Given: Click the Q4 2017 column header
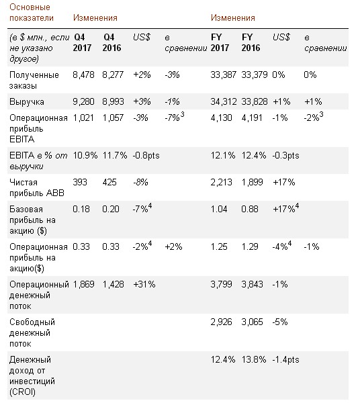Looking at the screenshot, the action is click(x=82, y=42).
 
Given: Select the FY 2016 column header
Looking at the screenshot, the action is click(x=251, y=42).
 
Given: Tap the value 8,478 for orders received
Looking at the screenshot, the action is click(x=83, y=75).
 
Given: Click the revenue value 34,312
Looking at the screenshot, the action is click(x=224, y=101).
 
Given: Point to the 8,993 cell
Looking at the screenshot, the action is click(x=113, y=101).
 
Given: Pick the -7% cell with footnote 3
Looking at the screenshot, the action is click(x=174, y=117).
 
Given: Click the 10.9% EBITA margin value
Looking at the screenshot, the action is click(x=85, y=155).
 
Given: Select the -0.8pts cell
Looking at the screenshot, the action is click(x=146, y=155).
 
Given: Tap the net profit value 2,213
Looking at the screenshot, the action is click(x=221, y=182).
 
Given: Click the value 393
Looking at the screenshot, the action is click(x=80, y=182).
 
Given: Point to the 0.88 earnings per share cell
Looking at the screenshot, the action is click(x=250, y=209).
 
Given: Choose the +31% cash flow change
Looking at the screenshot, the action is click(x=144, y=284).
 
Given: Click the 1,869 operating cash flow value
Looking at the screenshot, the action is click(x=83, y=284).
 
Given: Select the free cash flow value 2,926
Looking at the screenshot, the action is click(x=221, y=322).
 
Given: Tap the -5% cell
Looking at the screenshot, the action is click(x=280, y=322).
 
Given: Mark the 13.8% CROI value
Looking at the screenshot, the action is click(x=254, y=360).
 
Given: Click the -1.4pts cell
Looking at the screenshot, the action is click(x=285, y=360).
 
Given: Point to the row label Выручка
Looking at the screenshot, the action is click(x=27, y=101).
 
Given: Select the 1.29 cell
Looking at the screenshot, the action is click(x=250, y=246).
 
